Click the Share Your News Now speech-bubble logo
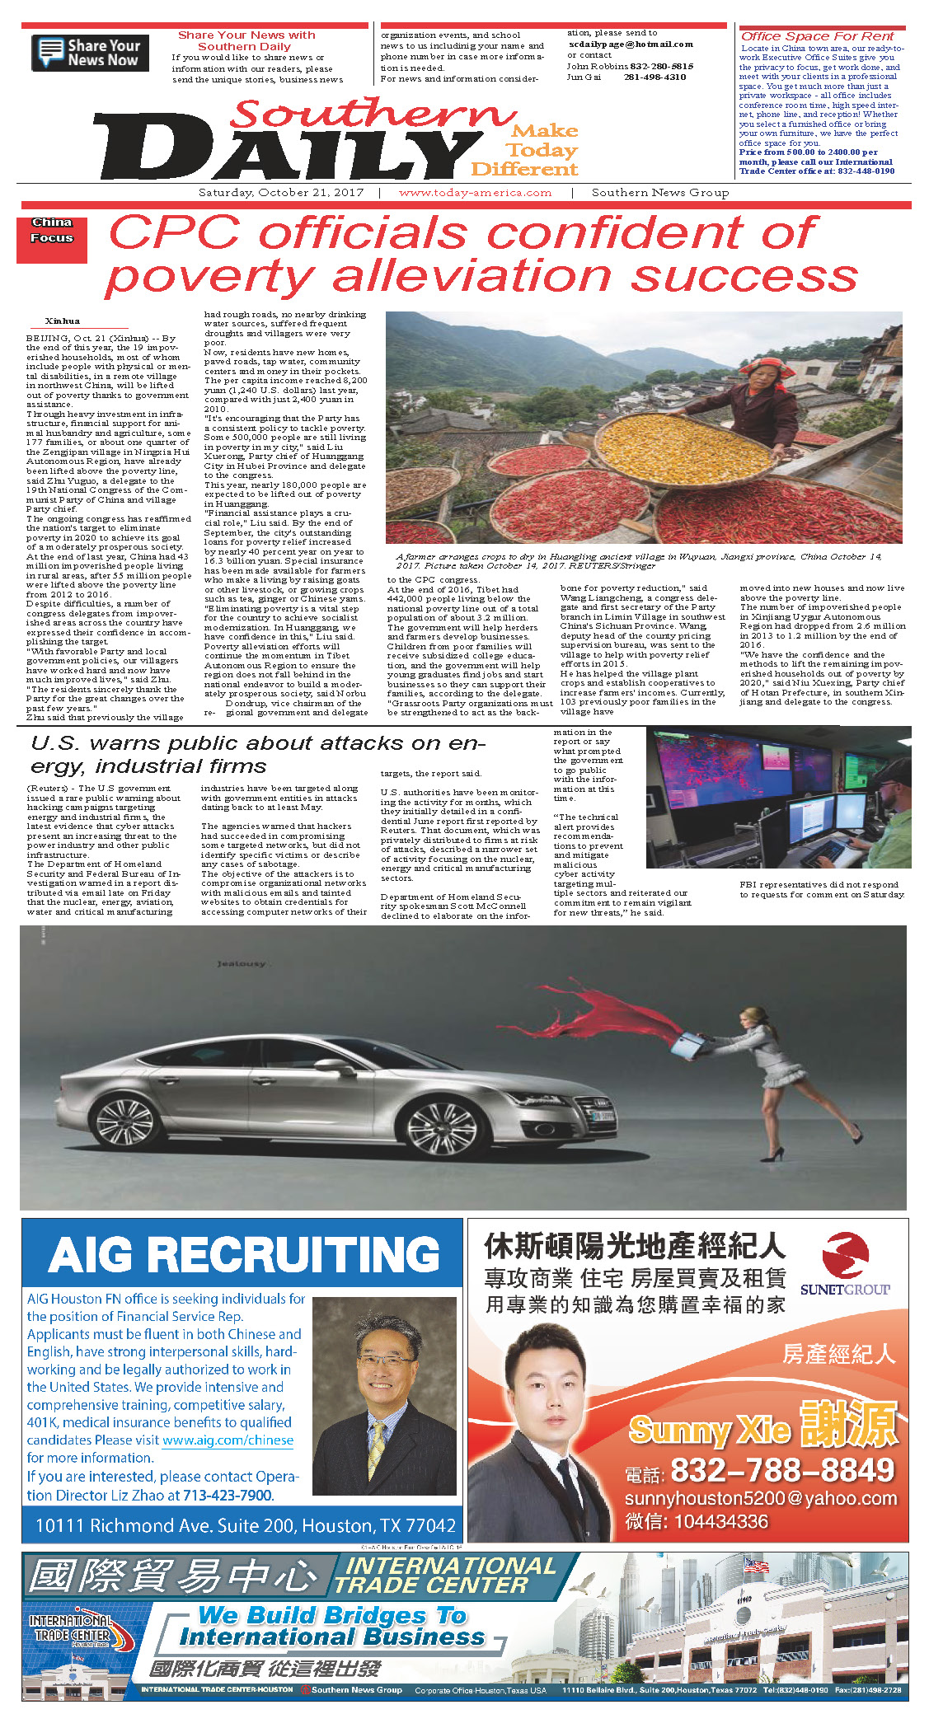coord(90,53)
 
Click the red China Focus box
coord(52,239)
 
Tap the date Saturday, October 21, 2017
coord(281,193)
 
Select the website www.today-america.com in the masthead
coord(475,193)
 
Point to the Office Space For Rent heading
coord(817,36)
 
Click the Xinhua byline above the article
coord(63,321)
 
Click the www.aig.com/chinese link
coord(228,1440)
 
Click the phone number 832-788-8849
coord(782,1470)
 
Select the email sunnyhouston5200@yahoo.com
coord(760,1498)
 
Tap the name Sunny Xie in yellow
coord(710,1431)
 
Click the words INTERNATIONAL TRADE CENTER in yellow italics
coord(446,1576)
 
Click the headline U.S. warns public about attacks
coord(256,754)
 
